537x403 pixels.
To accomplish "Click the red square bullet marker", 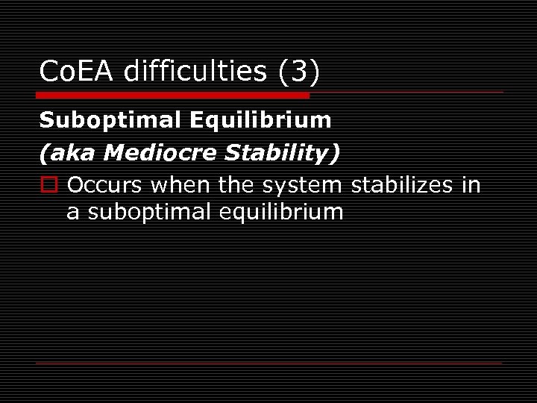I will (x=48, y=184).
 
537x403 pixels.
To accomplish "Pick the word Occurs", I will (x=105, y=184).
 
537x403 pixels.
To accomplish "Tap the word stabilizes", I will (x=401, y=184).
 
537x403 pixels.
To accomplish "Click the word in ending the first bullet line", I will (x=471, y=184).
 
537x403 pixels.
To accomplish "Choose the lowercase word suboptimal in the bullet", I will (x=150, y=212).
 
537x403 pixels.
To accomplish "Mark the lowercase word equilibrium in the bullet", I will (x=282, y=212).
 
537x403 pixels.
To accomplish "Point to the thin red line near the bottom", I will (x=268, y=363).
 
